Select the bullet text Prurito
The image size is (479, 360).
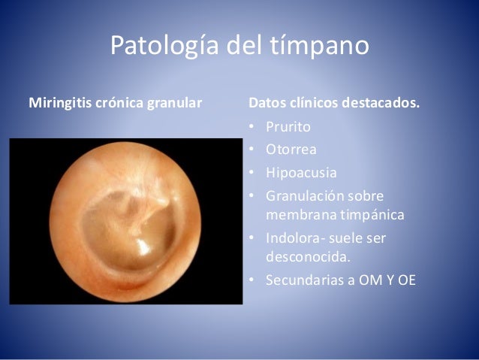click(288, 126)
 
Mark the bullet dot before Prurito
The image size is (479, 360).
click(252, 126)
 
